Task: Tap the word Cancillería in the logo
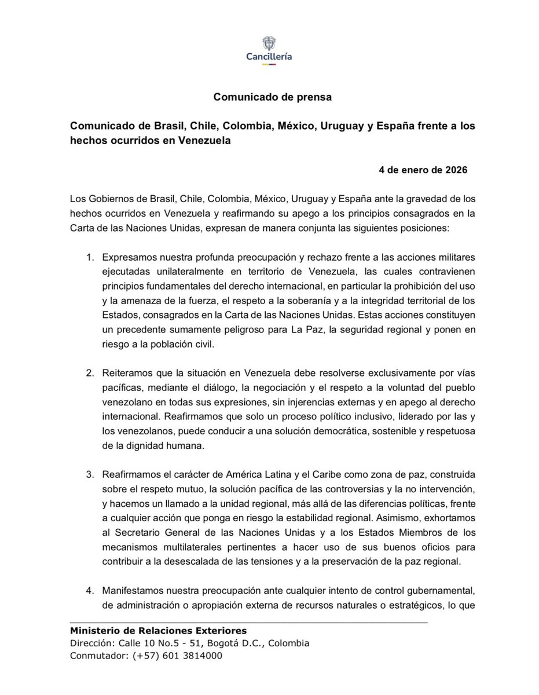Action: pyautogui.click(x=269, y=57)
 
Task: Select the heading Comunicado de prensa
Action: pyautogui.click(x=272, y=97)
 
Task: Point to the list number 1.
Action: pyautogui.click(x=90, y=257)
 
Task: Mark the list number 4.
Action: pyautogui.click(x=90, y=590)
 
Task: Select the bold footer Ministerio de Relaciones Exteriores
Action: pyautogui.click(x=158, y=631)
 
